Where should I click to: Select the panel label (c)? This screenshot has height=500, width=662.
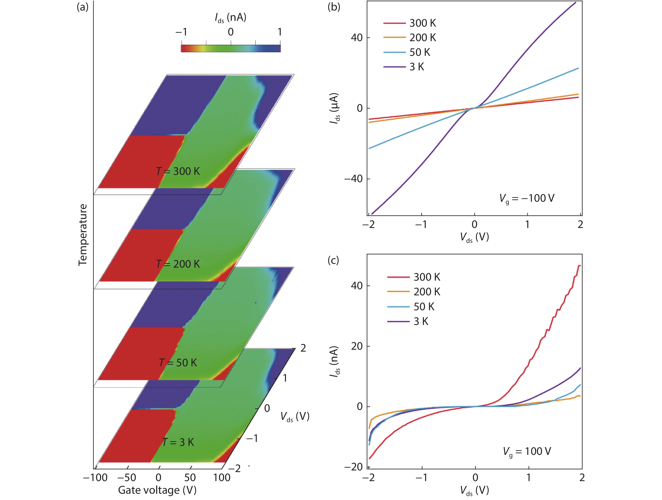[x=333, y=260]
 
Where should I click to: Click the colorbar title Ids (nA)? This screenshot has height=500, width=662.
[x=231, y=18]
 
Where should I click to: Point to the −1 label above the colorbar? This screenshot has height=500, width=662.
[x=181, y=32]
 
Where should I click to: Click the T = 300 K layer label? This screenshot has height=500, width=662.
[x=178, y=171]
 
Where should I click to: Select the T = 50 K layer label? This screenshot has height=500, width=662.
[x=178, y=363]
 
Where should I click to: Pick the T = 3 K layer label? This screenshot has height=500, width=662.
[x=178, y=442]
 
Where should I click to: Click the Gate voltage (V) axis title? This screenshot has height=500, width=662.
[x=157, y=490]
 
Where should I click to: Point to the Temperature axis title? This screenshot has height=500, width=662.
[x=83, y=235]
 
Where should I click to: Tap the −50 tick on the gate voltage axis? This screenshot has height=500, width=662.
[x=127, y=477]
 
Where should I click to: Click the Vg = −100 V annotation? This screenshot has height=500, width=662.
[x=527, y=198]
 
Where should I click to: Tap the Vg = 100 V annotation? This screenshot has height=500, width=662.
[x=527, y=451]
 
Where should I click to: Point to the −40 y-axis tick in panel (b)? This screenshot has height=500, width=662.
[x=353, y=179]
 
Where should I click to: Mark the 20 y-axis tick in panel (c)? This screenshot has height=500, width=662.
[x=357, y=346]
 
